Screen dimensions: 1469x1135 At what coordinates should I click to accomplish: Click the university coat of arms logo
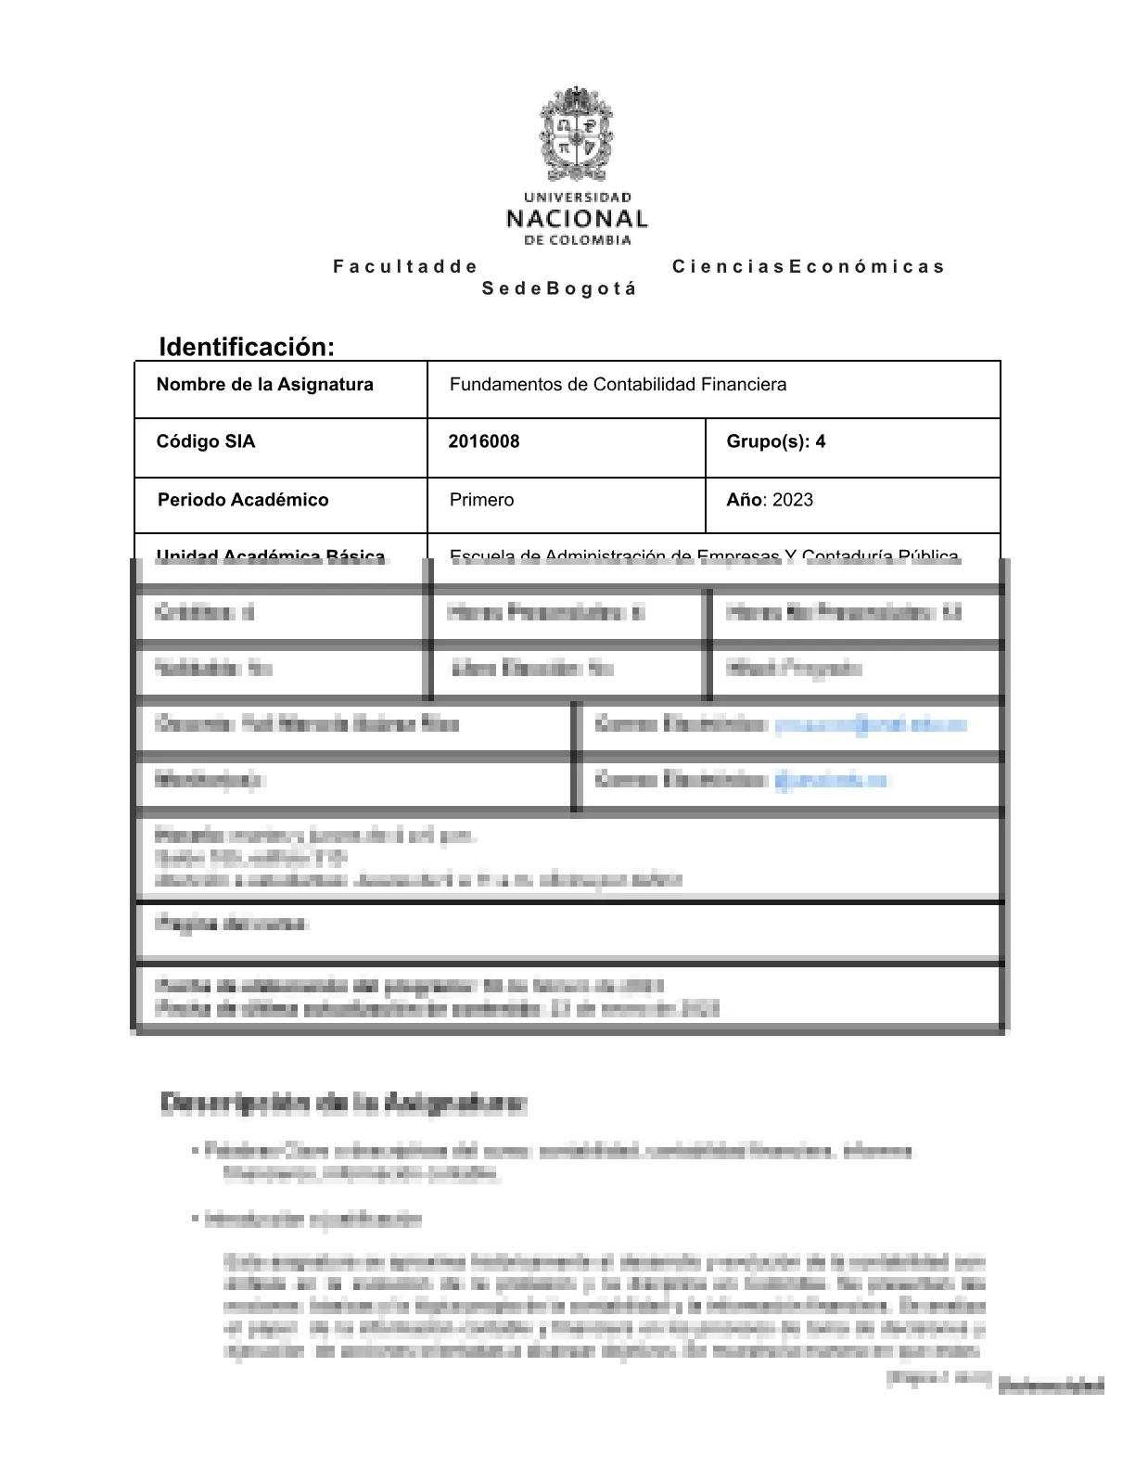pyautogui.click(x=577, y=135)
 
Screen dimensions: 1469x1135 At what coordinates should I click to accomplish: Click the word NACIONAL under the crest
pyautogui.click(x=577, y=220)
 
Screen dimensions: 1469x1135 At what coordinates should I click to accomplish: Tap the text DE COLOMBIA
pyautogui.click(x=577, y=241)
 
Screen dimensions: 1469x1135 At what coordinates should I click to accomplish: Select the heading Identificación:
pyautogui.click(x=247, y=347)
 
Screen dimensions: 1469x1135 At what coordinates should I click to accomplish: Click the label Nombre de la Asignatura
pyautogui.click(x=264, y=385)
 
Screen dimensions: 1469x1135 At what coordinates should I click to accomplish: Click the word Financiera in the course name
pyautogui.click(x=744, y=385)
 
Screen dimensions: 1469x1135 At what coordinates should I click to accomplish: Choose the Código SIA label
pyautogui.click(x=205, y=441)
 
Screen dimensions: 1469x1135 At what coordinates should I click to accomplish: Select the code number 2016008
pyautogui.click(x=483, y=441)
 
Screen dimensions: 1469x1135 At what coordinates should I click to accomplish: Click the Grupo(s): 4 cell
pyautogui.click(x=775, y=441)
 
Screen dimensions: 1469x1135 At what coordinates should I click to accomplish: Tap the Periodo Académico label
pyautogui.click(x=243, y=500)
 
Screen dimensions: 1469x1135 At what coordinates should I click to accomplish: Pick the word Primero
pyautogui.click(x=481, y=500)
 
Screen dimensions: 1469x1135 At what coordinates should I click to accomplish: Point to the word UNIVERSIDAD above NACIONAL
pyautogui.click(x=577, y=198)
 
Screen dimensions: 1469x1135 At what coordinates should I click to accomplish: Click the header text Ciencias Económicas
pyautogui.click(x=808, y=267)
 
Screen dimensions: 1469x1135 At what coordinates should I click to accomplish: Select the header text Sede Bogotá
pyautogui.click(x=559, y=288)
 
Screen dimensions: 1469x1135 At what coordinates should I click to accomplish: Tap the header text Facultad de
pyautogui.click(x=405, y=267)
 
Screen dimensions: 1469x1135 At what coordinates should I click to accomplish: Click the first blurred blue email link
pyautogui.click(x=870, y=725)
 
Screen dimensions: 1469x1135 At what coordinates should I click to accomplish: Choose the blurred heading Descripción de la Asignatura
pyautogui.click(x=344, y=1104)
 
